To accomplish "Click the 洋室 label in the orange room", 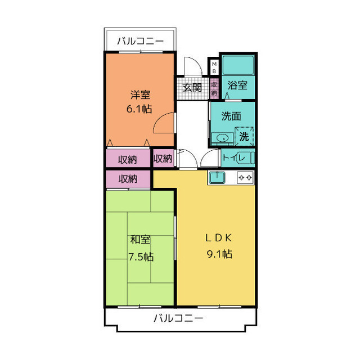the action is click(x=140, y=95).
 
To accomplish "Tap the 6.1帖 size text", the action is click(x=139, y=109).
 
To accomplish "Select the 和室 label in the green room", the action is click(x=140, y=240).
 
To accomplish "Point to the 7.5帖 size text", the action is click(x=141, y=256).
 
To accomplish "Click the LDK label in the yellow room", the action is click(x=218, y=238).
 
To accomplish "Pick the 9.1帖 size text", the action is click(x=219, y=254).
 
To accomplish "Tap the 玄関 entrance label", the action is click(x=192, y=88).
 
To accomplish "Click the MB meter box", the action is click(x=214, y=67).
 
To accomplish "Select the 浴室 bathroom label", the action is click(x=237, y=85).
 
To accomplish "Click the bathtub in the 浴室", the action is click(x=238, y=65).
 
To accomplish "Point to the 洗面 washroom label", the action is click(x=231, y=116).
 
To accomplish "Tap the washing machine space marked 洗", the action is click(x=244, y=137).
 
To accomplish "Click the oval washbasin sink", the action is click(x=222, y=138).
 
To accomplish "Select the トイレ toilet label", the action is click(x=233, y=158).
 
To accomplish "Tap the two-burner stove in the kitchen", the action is click(x=245, y=178).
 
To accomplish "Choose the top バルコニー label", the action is click(x=140, y=41).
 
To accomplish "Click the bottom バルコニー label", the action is click(x=178, y=318).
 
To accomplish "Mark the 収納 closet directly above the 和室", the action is click(x=128, y=179).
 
